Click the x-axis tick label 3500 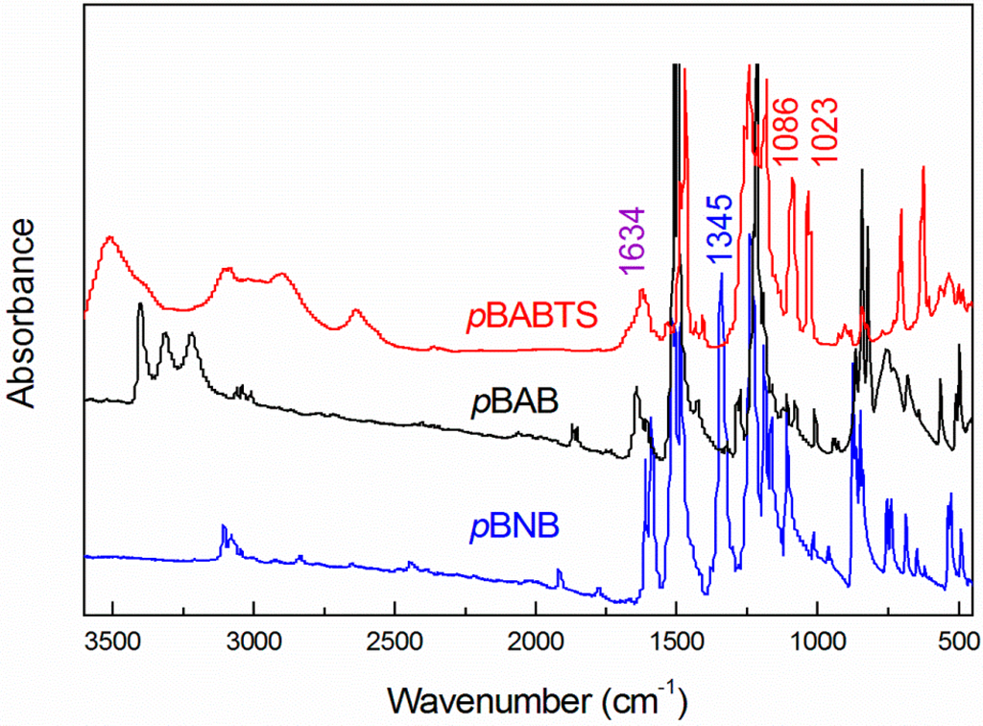112,639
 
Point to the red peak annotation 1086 785,130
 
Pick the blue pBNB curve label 514,527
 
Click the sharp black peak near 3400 140,304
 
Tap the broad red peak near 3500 110,237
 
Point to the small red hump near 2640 356,310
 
